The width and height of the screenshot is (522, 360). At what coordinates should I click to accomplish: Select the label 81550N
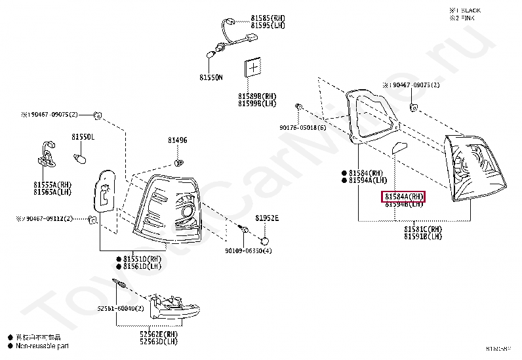[211, 77]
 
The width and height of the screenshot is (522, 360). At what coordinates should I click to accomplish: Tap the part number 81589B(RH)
[257, 96]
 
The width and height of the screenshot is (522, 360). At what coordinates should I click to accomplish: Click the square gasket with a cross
[253, 68]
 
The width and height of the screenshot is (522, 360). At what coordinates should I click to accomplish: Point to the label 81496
[177, 140]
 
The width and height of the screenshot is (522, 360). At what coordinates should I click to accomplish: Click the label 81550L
[83, 137]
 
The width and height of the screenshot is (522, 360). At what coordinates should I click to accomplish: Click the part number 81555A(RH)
[52, 185]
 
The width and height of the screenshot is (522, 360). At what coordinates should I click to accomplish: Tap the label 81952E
[267, 218]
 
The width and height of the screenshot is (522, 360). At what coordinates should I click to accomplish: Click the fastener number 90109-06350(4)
[248, 251]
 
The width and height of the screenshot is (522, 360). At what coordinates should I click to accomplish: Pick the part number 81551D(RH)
[142, 259]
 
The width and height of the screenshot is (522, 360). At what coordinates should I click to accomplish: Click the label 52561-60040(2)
[121, 308]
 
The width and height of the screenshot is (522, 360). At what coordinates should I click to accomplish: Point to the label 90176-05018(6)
[302, 128]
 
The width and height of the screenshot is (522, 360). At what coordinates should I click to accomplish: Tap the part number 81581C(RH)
[423, 229]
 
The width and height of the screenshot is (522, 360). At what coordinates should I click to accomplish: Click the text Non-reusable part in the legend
[42, 346]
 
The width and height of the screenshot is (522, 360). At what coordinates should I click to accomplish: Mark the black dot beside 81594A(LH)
[344, 180]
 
